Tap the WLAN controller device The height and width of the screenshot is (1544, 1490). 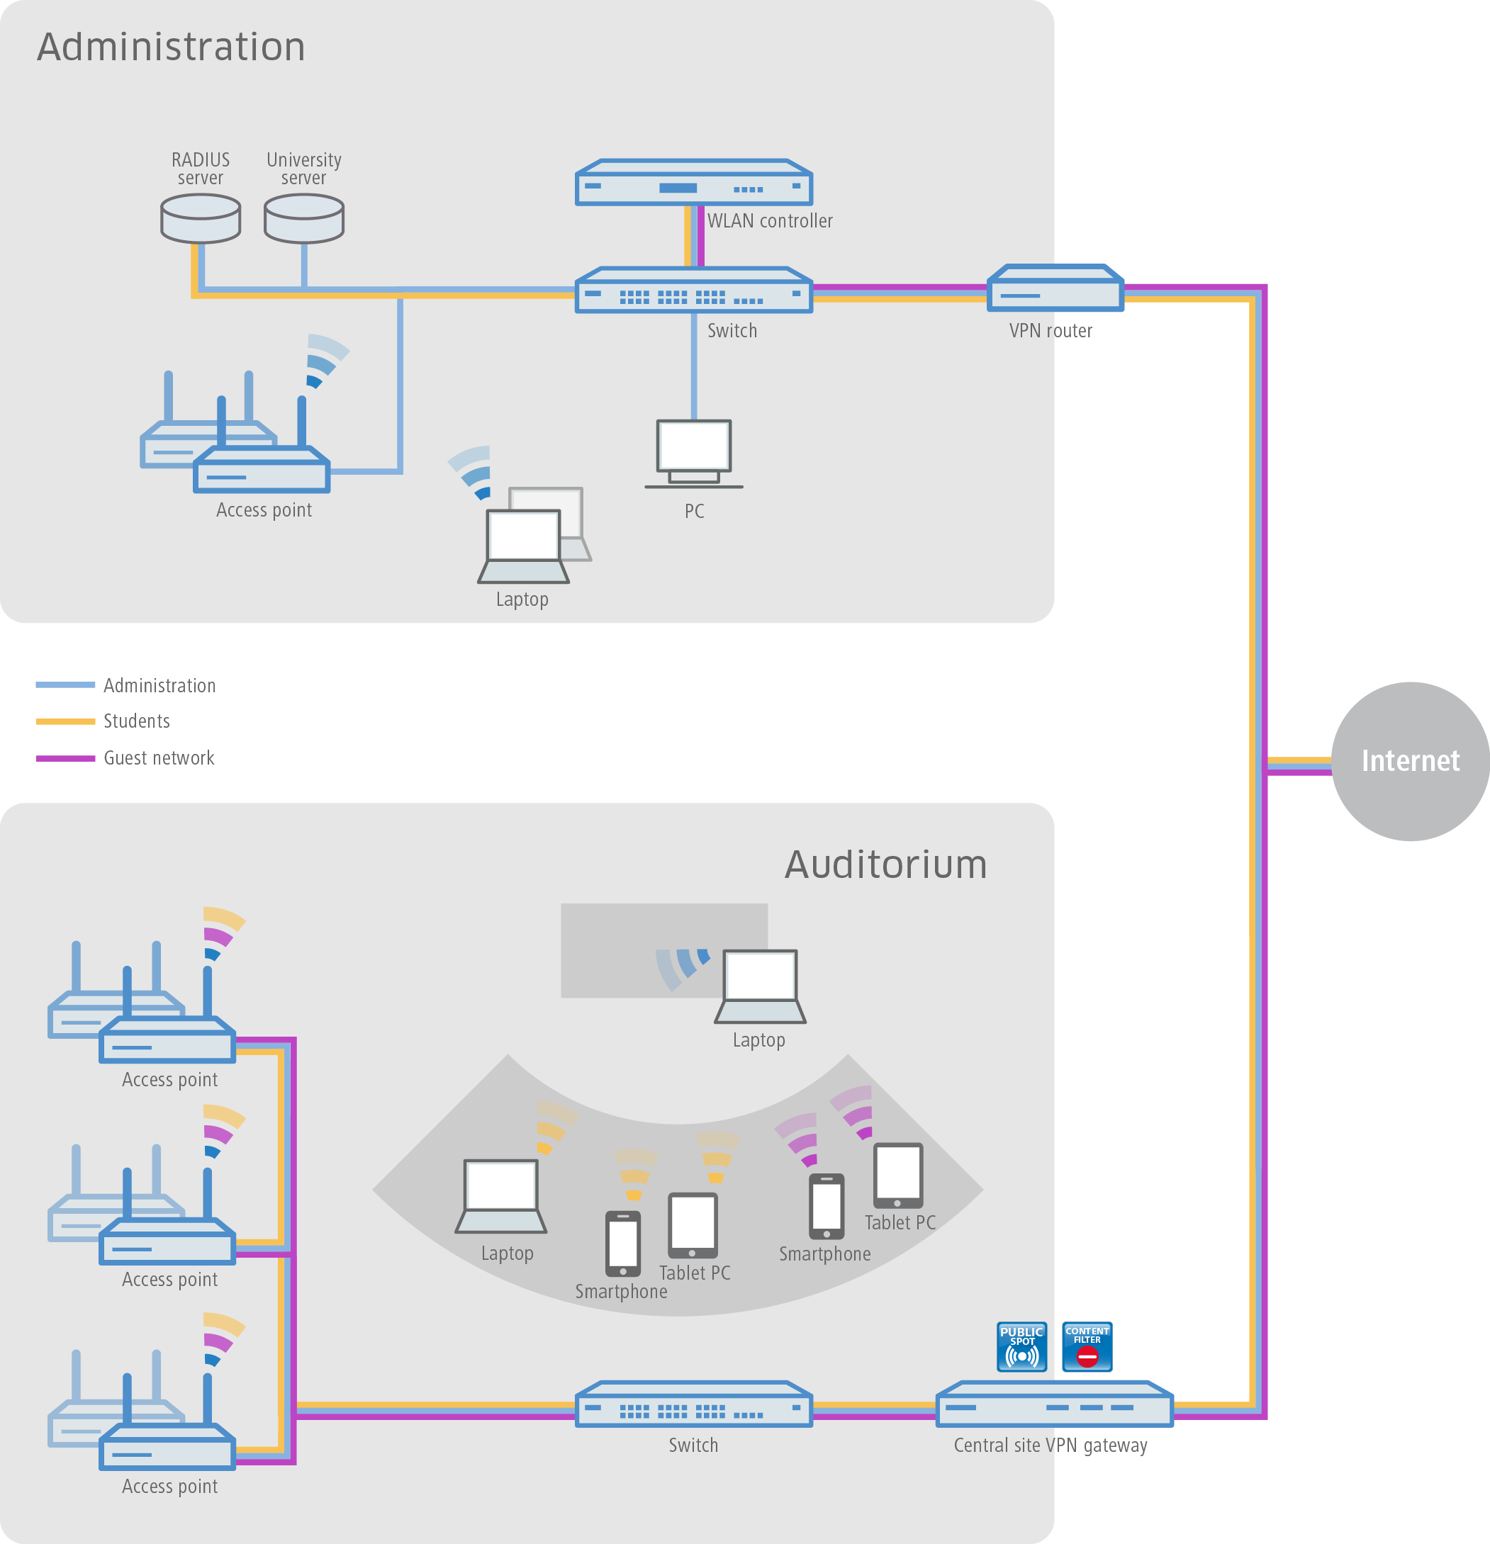pyautogui.click(x=693, y=183)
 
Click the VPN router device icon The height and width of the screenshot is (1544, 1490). pyautogui.click(x=1055, y=288)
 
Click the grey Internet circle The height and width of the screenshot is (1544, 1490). pyautogui.click(x=1410, y=761)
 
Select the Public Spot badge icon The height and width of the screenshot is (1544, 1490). pyautogui.click(x=1021, y=1346)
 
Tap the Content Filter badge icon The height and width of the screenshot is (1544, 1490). pyautogui.click(x=1087, y=1346)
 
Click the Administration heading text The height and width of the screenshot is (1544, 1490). pyautogui.click(x=171, y=47)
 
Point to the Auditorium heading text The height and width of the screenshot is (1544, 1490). pyautogui.click(x=885, y=864)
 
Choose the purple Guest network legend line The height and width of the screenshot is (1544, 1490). pyautogui.click(x=65, y=757)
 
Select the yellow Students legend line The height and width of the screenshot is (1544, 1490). pyautogui.click(x=65, y=721)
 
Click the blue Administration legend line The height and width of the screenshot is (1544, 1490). pyautogui.click(x=65, y=684)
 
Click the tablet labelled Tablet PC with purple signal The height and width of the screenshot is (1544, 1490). pyautogui.click(x=897, y=1176)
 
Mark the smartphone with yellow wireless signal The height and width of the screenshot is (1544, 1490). pyautogui.click(x=622, y=1243)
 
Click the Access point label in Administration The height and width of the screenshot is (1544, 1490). pyautogui.click(x=264, y=509)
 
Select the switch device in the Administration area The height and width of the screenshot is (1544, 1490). pyautogui.click(x=693, y=291)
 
